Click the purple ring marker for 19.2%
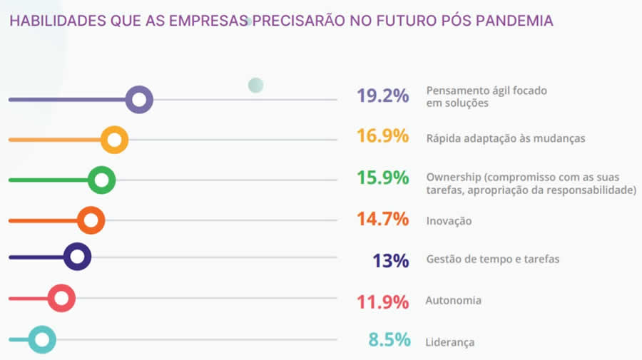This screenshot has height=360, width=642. tap(139, 100)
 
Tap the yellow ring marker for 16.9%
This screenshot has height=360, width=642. tap(114, 140)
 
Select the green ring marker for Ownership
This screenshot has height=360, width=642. tap(102, 180)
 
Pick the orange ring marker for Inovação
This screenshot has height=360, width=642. tap(91, 220)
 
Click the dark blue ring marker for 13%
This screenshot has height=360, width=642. tap(77, 257)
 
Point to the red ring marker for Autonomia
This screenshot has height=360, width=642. tap(61, 298)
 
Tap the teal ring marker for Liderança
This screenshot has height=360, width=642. tap(42, 340)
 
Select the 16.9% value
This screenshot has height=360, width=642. tap(383, 136)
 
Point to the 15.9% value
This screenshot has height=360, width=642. tap(383, 178)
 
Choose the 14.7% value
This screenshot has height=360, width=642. tap(383, 219)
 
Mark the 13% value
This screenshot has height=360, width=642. tap(391, 260)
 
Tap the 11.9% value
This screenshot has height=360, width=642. tap(383, 301)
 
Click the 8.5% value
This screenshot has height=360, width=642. tap(389, 340)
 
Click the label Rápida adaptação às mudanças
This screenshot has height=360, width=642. tap(505, 138)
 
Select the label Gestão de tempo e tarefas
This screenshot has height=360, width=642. tap(492, 259)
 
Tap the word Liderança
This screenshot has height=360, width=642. tap(449, 342)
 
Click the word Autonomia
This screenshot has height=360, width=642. tap(453, 300)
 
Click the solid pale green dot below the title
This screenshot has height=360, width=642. tap(255, 86)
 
